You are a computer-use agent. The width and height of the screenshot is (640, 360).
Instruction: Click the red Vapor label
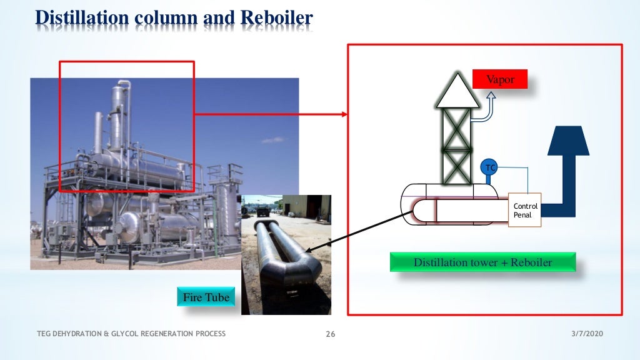coord(500,79)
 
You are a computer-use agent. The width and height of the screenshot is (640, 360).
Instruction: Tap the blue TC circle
coord(489,167)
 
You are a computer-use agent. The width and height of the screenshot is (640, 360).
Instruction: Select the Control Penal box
coord(525,210)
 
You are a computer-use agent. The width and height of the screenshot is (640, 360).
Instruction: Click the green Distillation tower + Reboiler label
coord(482,262)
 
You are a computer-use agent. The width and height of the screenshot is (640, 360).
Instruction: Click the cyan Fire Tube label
coord(206,297)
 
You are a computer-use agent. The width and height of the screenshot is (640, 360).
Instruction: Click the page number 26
coord(331,334)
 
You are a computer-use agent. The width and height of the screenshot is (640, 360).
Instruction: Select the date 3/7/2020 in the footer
coord(587,334)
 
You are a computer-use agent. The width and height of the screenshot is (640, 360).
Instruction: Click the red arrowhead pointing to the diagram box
coord(343,114)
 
